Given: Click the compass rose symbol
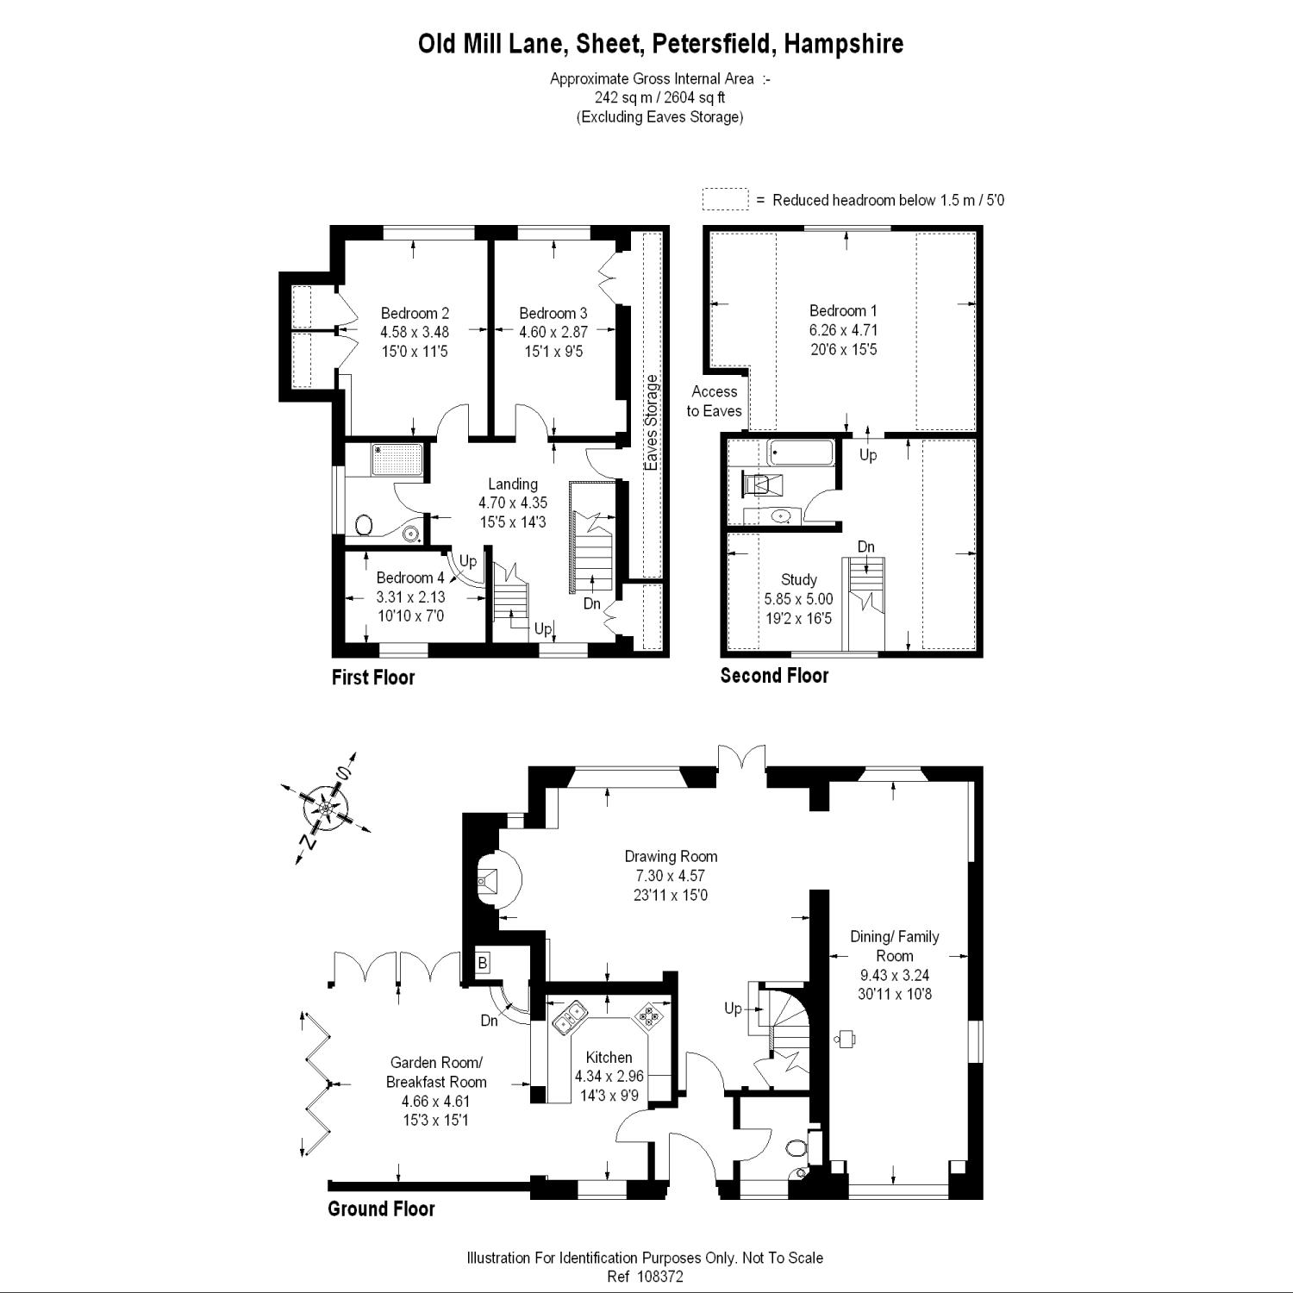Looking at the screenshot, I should [327, 809].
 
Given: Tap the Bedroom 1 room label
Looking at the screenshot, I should [843, 311].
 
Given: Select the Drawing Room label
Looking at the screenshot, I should [671, 856].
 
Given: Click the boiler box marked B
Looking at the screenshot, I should [483, 962].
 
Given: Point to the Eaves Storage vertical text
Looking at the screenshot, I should [652, 422].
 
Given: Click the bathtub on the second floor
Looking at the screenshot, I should [801, 452].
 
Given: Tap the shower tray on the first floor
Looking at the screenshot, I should [397, 459].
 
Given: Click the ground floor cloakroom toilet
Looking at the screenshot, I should [797, 1147].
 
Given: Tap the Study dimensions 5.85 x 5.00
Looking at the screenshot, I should [798, 599].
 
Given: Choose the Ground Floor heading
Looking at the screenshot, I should [381, 1209].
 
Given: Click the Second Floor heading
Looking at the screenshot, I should [774, 676].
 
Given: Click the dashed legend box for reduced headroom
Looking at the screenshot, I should [725, 199].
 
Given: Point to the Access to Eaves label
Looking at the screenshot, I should [714, 401].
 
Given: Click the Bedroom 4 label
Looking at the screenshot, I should [410, 578].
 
